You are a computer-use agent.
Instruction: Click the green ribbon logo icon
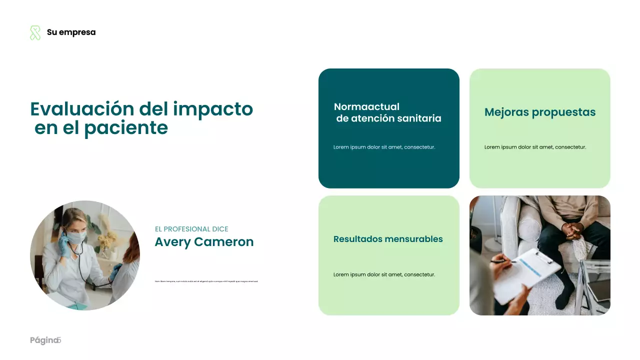click(35, 33)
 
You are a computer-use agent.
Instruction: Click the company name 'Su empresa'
click(71, 32)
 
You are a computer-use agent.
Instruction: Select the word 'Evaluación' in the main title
click(82, 109)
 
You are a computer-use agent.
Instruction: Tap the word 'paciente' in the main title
click(125, 128)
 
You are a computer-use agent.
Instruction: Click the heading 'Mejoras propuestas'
click(540, 112)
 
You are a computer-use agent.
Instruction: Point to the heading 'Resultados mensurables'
click(388, 239)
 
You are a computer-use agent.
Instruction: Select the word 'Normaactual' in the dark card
click(366, 106)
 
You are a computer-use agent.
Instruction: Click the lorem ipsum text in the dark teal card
click(384, 147)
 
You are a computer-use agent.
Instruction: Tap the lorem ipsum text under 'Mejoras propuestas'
click(535, 147)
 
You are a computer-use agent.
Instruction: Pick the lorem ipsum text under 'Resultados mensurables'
click(384, 274)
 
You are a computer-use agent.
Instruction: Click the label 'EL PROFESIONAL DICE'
click(191, 229)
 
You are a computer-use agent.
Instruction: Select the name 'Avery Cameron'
click(204, 242)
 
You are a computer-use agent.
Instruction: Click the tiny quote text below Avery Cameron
click(206, 281)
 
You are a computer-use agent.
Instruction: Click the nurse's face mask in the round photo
click(75, 237)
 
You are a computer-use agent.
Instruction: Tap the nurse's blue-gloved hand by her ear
click(63, 243)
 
